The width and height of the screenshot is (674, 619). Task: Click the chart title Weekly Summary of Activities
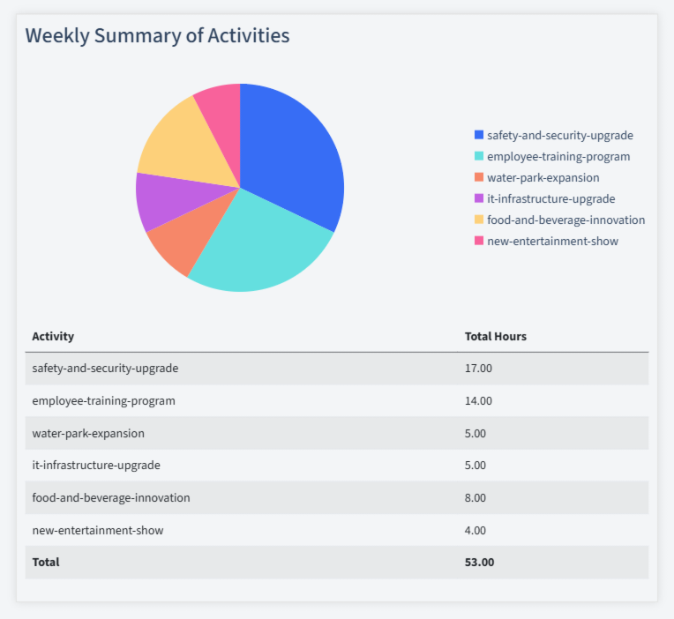tap(157, 35)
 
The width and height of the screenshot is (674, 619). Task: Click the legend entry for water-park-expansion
tap(543, 177)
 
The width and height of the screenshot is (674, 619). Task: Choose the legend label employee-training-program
tap(558, 156)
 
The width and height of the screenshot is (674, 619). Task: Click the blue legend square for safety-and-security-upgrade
tap(479, 135)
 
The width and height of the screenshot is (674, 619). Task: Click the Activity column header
tap(53, 336)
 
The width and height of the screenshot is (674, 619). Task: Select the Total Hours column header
tap(496, 336)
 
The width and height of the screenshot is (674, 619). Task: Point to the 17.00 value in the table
tap(478, 368)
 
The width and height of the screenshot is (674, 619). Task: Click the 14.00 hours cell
tap(478, 400)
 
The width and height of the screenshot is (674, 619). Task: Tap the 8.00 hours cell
tap(476, 497)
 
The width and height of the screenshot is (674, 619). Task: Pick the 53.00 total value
tap(479, 562)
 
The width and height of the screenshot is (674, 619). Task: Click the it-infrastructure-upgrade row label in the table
tap(96, 465)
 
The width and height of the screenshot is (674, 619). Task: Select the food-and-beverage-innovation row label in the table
tap(111, 497)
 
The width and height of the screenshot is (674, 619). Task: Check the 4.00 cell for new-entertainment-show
tap(476, 530)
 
